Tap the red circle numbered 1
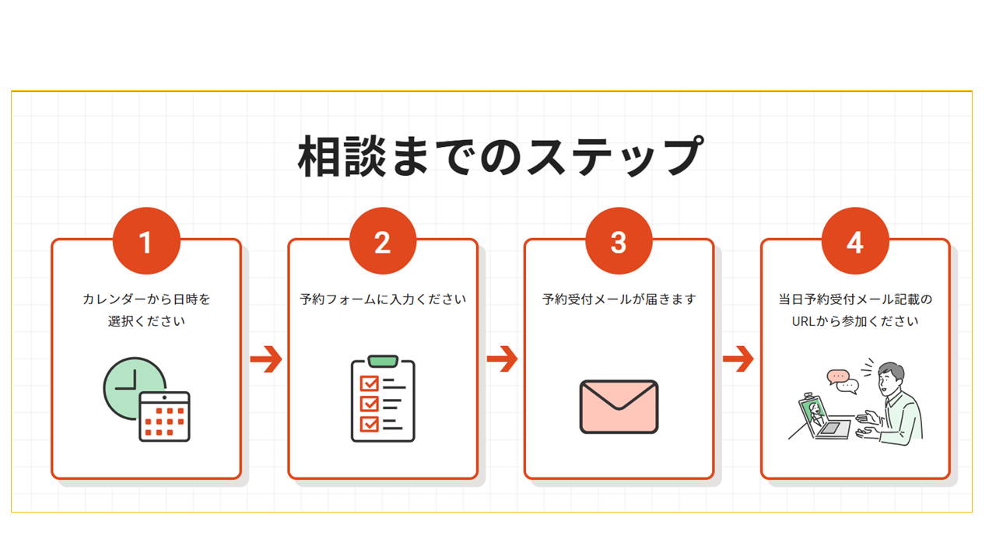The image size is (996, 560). pyautogui.click(x=146, y=242)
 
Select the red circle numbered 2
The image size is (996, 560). pyautogui.click(x=383, y=242)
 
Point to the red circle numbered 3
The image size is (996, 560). pyautogui.click(x=619, y=242)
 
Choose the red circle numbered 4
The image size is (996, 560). pyautogui.click(x=855, y=242)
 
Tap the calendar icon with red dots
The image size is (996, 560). pyautogui.click(x=164, y=418)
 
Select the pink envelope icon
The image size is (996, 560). pyautogui.click(x=619, y=407)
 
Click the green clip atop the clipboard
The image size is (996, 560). pyautogui.click(x=383, y=361)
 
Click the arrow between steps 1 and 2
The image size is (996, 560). pyautogui.click(x=265, y=359)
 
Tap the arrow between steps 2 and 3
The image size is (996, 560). pyautogui.click(x=502, y=359)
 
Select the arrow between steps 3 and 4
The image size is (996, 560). pyautogui.click(x=738, y=359)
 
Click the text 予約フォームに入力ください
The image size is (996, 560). pyautogui.click(x=383, y=299)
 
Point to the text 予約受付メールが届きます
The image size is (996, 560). pyautogui.click(x=619, y=299)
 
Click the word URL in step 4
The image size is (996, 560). pyautogui.click(x=805, y=320)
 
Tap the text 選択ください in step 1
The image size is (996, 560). pyautogui.click(x=146, y=320)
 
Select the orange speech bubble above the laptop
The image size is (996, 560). pyautogui.click(x=838, y=376)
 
